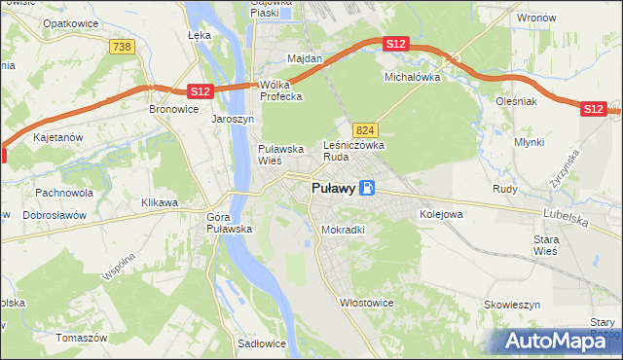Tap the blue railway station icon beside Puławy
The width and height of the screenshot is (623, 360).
coord(366,189)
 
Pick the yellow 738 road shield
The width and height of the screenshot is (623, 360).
coord(122,47)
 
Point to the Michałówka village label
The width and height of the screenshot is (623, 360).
coord(413,76)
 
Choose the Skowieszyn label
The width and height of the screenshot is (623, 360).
coord(512,305)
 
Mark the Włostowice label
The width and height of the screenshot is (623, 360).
coord(366,303)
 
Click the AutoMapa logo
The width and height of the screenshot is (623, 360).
coord(560,341)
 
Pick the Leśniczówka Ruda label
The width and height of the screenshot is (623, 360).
coord(354,150)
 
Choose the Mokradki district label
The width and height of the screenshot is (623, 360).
coord(343,231)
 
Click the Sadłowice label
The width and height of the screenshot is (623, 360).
coord(261,343)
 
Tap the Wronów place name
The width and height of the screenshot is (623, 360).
coord(535,18)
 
